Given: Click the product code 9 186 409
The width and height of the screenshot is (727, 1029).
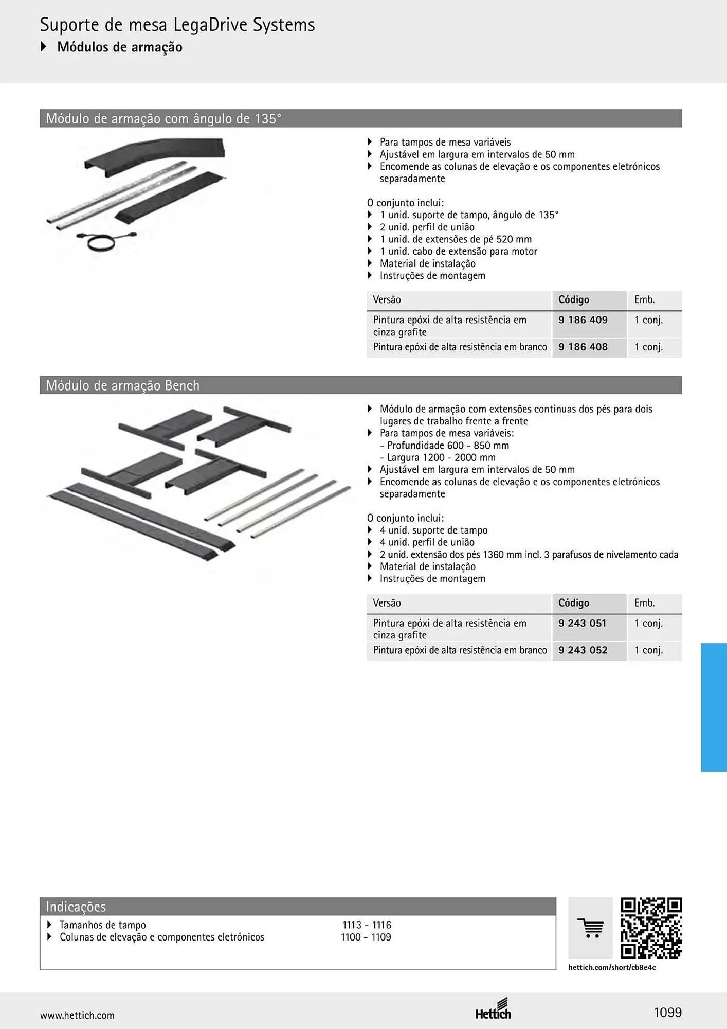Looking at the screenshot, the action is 583,320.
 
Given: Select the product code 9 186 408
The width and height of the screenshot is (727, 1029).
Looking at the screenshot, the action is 583,347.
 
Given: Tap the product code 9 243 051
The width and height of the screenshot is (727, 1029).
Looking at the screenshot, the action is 583,623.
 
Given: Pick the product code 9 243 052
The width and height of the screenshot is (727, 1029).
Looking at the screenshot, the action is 583,650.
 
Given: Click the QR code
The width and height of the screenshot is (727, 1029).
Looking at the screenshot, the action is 651,928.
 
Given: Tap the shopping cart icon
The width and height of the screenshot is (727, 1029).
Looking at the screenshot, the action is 590,928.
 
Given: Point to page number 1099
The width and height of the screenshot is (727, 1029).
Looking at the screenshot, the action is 667,1013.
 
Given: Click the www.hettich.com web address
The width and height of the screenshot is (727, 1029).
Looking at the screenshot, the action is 77,1015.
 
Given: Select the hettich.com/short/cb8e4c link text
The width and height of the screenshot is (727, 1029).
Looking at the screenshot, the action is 612,968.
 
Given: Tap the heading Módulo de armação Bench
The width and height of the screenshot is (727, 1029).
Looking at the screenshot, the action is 122,385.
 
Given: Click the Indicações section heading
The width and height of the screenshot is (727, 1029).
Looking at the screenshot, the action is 76,907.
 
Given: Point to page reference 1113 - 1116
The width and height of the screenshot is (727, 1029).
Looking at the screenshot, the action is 367,925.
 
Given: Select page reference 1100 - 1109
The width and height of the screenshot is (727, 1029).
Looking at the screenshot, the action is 366,937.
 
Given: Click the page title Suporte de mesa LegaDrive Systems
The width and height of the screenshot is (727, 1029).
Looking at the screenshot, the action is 177,25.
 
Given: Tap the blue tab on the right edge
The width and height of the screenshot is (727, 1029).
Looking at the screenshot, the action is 714,707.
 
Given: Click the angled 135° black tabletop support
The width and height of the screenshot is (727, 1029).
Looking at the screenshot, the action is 154,156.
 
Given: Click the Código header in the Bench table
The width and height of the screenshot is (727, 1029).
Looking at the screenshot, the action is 574,603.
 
